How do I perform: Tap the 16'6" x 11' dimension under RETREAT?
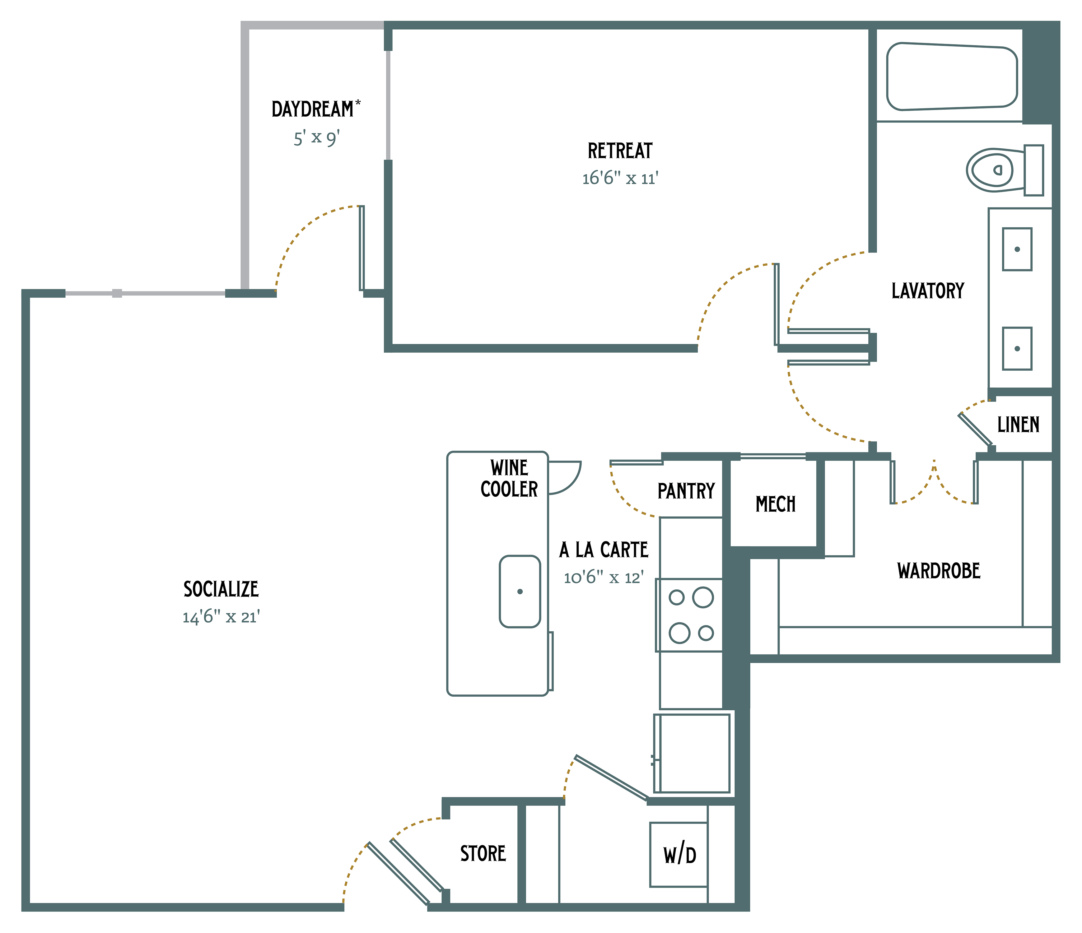tap(620, 179)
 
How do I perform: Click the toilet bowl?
tap(990, 170)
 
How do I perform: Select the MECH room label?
tap(776, 504)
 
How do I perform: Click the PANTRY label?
tap(686, 491)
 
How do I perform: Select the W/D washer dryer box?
tap(679, 855)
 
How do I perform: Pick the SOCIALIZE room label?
tap(221, 589)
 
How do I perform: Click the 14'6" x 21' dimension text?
tap(221, 617)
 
